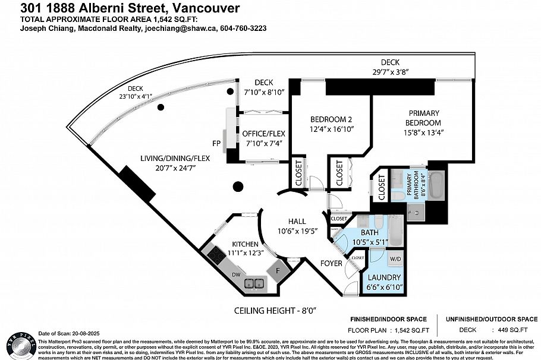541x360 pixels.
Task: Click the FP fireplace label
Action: (218, 143)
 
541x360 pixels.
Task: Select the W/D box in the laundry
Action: (395, 259)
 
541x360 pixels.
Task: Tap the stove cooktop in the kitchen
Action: (215, 256)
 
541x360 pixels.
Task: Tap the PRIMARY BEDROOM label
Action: (423, 118)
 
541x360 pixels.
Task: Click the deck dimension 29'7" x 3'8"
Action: (390, 71)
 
